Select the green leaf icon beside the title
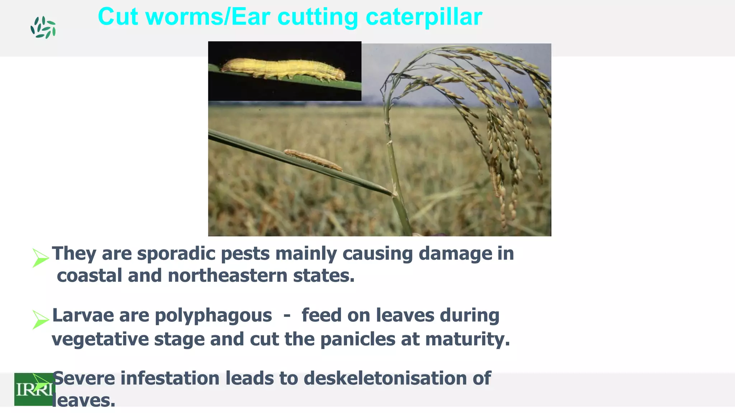click(x=43, y=28)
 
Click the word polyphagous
click(x=213, y=316)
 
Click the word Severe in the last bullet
click(x=84, y=378)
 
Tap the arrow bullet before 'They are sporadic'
click(x=40, y=257)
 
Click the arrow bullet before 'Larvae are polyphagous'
click(x=40, y=319)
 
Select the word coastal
click(x=89, y=276)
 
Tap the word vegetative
click(x=100, y=339)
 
